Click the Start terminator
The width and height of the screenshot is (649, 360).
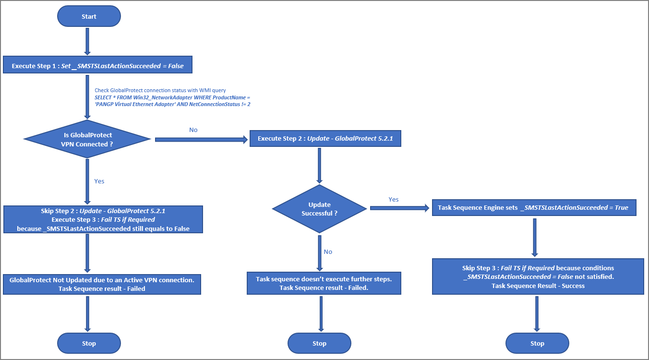(x=89, y=16)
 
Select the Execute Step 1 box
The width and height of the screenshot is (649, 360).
(x=98, y=66)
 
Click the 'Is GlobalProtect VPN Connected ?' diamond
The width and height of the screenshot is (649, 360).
(x=87, y=140)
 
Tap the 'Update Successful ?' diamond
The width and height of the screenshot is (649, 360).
(x=319, y=209)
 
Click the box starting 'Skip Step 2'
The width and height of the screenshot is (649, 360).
(x=103, y=220)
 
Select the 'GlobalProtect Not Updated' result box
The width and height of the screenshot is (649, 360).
(x=102, y=284)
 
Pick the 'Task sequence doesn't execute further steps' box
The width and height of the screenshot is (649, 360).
(x=324, y=283)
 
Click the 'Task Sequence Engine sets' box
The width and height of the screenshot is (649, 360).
(x=534, y=208)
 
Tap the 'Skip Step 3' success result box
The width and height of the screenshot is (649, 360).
(x=538, y=276)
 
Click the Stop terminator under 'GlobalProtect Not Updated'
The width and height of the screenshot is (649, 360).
(x=89, y=343)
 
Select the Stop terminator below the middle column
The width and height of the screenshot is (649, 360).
(x=319, y=343)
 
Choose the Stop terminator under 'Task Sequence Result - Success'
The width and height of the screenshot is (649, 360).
(x=537, y=343)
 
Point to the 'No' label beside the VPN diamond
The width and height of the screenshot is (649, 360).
(x=193, y=130)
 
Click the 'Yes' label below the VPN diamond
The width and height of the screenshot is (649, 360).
(x=99, y=181)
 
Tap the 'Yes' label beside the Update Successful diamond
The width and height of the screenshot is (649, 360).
(x=393, y=199)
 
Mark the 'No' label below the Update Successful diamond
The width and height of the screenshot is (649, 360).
(x=327, y=252)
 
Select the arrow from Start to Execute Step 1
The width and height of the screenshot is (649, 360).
(x=87, y=42)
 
